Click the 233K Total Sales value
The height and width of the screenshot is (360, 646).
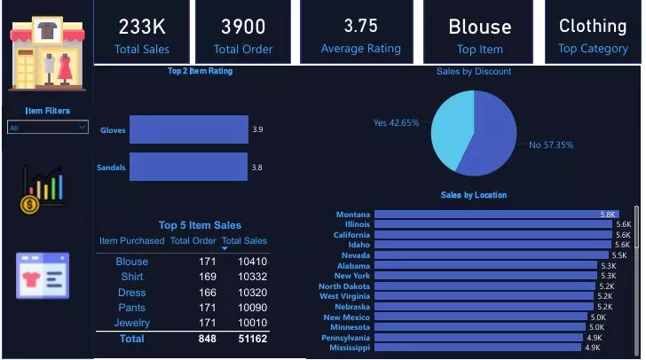pos(142,27)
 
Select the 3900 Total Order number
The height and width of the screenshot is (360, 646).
pos(243,27)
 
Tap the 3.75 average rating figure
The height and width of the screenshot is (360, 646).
pos(360,27)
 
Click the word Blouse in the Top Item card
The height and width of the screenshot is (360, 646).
pos(479,27)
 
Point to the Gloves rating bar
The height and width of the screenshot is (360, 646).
pos(188,129)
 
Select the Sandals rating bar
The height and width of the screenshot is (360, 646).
pos(188,167)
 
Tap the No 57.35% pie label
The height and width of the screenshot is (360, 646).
pos(551,145)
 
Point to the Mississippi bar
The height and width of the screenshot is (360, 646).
pos(477,348)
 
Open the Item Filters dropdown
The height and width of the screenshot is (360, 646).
pos(48,128)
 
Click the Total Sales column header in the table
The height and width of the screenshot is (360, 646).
pos(244,240)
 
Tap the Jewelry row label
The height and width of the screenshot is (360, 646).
pos(132,323)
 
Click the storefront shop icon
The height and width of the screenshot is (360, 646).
pos(48,53)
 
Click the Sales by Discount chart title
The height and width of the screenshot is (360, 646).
pos(474,71)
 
